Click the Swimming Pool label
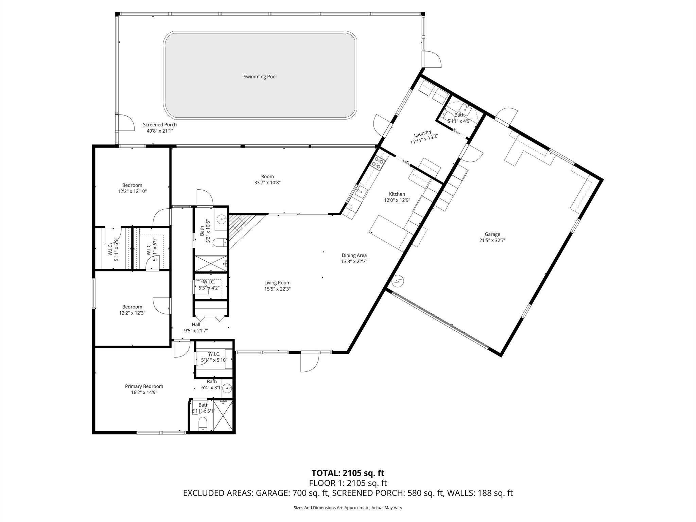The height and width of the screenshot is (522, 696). tap(260, 77)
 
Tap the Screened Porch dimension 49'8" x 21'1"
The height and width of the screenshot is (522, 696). tap(160, 131)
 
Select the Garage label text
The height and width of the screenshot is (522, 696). tap(492, 234)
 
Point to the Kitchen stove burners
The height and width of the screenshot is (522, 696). tap(378, 163)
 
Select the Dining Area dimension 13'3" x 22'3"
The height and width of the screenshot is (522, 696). tap(354, 261)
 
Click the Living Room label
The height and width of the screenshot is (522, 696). tap(277, 283)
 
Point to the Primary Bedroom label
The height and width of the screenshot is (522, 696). tap(144, 386)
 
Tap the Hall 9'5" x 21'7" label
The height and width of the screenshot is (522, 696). tap(196, 328)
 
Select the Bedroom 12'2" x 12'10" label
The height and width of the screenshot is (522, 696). tap(132, 188)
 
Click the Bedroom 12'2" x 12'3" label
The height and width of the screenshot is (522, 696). tap(132, 310)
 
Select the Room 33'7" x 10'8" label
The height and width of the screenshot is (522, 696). tap(267, 179)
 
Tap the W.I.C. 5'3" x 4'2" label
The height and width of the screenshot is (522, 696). tap(209, 285)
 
